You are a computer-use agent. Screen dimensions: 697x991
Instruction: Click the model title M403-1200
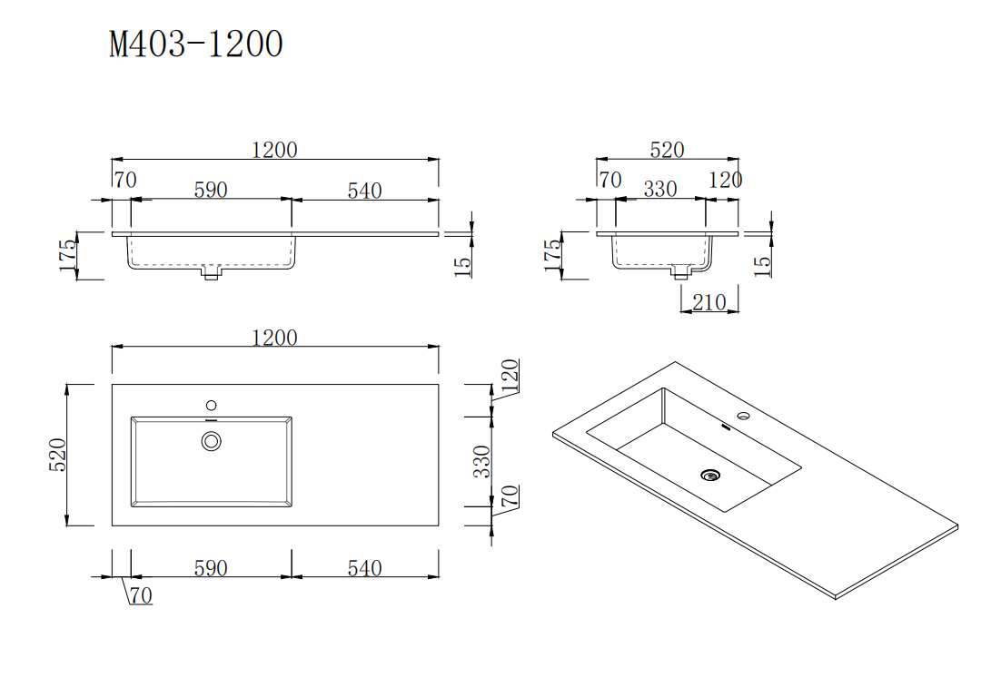(x=196, y=44)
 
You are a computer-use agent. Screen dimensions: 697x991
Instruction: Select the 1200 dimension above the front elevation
(x=274, y=150)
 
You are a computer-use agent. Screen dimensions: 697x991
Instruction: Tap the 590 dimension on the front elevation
(x=211, y=190)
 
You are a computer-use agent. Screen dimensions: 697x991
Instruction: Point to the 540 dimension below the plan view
(x=364, y=568)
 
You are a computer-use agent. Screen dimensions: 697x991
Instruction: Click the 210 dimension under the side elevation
(x=709, y=302)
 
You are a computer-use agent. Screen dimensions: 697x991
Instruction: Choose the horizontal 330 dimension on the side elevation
(x=660, y=189)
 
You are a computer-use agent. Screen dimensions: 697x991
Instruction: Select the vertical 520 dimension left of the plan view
(x=56, y=455)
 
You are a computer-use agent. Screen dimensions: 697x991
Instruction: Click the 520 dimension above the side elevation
(x=667, y=150)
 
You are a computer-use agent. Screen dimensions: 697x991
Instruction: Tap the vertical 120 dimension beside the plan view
(x=510, y=376)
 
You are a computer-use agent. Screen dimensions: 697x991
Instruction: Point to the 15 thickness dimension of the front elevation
(x=461, y=265)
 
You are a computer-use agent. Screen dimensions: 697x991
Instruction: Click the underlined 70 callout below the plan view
(x=141, y=596)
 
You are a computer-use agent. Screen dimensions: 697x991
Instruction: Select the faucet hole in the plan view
(x=212, y=405)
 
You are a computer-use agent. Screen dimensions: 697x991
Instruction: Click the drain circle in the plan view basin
(x=212, y=441)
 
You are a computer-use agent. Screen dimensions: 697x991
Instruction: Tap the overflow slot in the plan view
(x=212, y=421)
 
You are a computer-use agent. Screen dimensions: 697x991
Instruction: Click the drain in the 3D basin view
(x=710, y=474)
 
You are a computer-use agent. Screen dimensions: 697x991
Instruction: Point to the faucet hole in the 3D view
(x=744, y=417)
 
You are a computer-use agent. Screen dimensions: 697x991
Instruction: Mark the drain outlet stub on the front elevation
(x=211, y=272)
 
